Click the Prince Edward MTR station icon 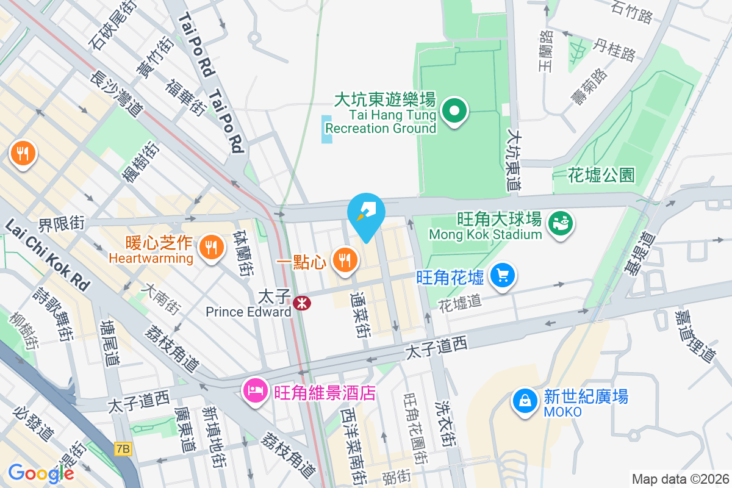[301, 303]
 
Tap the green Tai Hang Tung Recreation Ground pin [454, 112]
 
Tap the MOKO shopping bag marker [524, 401]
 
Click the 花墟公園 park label [601, 176]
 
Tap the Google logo [41, 473]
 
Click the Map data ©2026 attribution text [680, 479]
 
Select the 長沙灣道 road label [116, 92]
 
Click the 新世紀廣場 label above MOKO [586, 397]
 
